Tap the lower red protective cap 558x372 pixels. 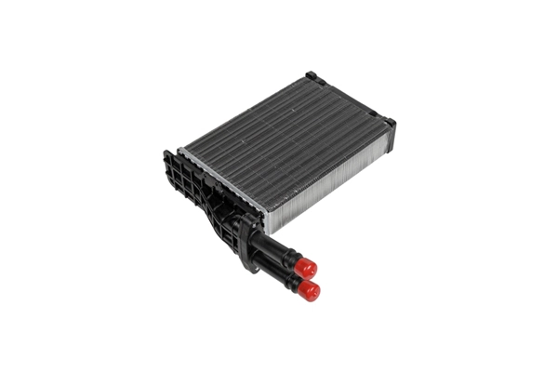coord(309,290)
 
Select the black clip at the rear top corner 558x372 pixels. coord(311,76)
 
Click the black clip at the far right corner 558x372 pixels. coord(388,122)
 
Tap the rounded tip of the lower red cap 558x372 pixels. coord(316,294)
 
